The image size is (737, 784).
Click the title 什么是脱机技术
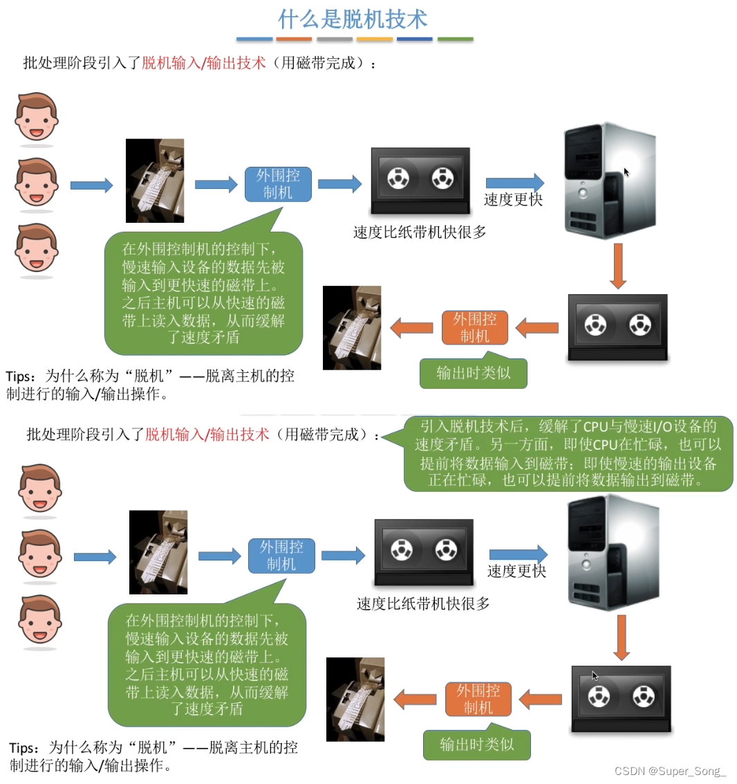click(x=353, y=19)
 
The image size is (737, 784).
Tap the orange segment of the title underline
click(x=294, y=39)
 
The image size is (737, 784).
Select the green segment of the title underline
click(x=455, y=39)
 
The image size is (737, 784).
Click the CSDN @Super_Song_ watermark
click(x=669, y=771)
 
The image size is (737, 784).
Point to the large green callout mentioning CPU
click(x=568, y=453)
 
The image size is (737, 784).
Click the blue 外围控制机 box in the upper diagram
click(x=278, y=184)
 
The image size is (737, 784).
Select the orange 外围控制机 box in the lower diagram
click(x=478, y=699)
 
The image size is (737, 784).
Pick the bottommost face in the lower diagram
click(x=40, y=619)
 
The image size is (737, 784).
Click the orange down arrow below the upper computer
click(x=618, y=266)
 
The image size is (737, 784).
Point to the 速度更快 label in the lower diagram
click(x=516, y=571)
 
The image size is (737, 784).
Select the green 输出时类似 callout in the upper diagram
click(x=473, y=371)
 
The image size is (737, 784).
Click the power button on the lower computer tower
click(x=586, y=565)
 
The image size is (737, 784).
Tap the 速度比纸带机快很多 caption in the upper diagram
click(x=420, y=232)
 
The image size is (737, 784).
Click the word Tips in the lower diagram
click(x=23, y=749)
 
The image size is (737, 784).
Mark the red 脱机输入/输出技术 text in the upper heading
click(x=204, y=63)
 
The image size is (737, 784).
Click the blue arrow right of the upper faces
click(x=91, y=185)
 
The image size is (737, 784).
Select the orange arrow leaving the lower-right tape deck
click(x=541, y=700)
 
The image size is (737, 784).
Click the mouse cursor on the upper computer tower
click(x=626, y=172)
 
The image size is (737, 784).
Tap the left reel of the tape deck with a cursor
click(x=599, y=696)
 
